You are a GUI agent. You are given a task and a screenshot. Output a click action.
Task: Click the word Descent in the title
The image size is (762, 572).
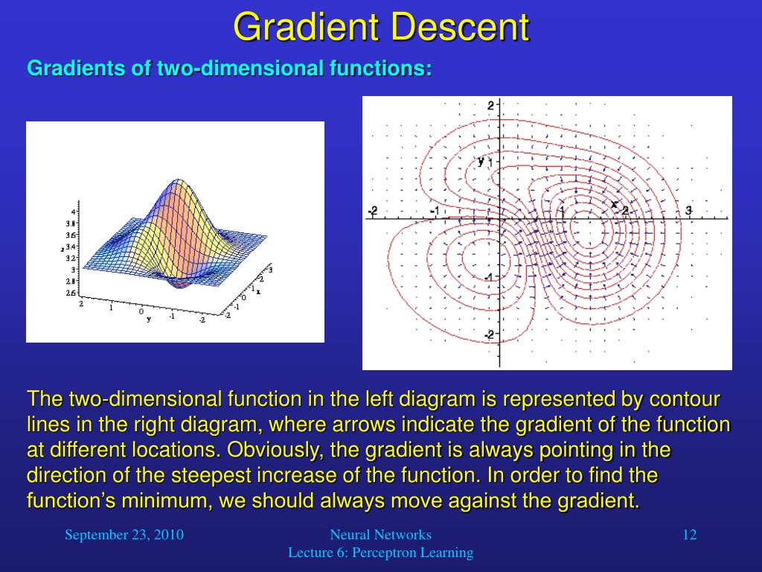tap(460, 28)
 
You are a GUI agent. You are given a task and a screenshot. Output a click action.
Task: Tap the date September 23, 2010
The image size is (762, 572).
tap(124, 535)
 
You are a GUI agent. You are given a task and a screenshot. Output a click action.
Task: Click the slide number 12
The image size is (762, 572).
tap(690, 535)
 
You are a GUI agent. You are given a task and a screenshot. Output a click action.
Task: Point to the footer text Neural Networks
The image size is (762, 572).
tap(380, 535)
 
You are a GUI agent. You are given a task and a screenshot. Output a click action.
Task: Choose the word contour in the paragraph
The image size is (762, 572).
tap(685, 399)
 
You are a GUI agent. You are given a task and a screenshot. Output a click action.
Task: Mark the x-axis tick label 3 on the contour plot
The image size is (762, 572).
tap(688, 210)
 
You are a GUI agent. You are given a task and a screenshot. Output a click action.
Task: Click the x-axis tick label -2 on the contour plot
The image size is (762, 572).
tap(372, 211)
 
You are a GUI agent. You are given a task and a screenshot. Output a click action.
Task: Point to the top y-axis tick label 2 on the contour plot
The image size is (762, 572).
tap(491, 106)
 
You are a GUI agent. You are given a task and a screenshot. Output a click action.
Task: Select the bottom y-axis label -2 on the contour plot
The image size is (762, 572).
tap(489, 334)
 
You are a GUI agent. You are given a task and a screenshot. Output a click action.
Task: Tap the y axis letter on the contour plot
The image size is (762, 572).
tap(481, 161)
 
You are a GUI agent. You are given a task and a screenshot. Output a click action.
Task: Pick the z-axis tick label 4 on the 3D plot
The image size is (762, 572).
tap(73, 212)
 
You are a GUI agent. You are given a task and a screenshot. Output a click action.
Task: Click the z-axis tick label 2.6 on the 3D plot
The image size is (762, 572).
tap(71, 293)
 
